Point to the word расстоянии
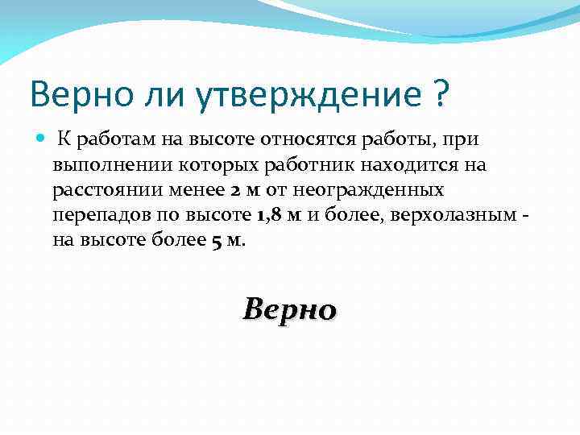tap(100, 191)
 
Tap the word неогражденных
tap(379, 191)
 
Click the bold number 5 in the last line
tap(216, 242)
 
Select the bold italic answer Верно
tap(289, 308)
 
